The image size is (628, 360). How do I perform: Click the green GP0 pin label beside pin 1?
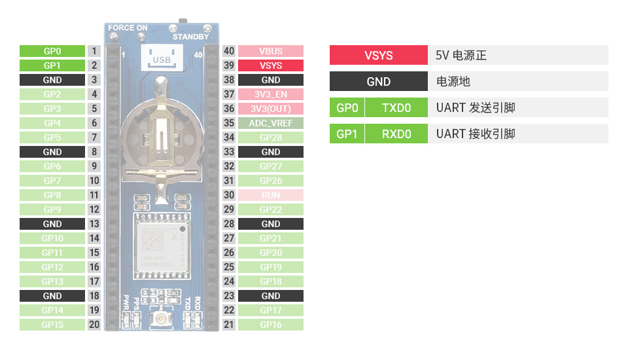pyautogui.click(x=52, y=51)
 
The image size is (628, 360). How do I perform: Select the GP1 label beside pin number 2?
pyautogui.click(x=52, y=65)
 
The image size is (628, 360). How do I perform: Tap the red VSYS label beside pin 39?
pyautogui.click(x=271, y=65)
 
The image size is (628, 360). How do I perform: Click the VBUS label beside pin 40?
pyautogui.click(x=271, y=51)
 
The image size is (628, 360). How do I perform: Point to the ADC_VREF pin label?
pyautogui.click(x=271, y=123)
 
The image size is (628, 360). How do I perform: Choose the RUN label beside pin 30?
pyautogui.click(x=271, y=195)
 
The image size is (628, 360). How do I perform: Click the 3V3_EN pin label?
pyautogui.click(x=271, y=94)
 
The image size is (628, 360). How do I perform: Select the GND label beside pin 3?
pyautogui.click(x=52, y=80)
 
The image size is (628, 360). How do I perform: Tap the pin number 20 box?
pyautogui.click(x=95, y=325)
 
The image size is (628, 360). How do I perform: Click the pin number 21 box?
pyautogui.click(x=229, y=325)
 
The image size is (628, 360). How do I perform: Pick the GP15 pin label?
pyautogui.click(x=52, y=325)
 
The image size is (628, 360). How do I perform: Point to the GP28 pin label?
pyautogui.click(x=271, y=137)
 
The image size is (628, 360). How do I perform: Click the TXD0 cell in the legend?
pyautogui.click(x=396, y=108)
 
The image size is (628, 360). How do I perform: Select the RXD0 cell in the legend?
pyautogui.click(x=396, y=134)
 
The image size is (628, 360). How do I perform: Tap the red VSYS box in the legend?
pyautogui.click(x=379, y=56)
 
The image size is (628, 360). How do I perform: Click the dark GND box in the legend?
pyautogui.click(x=379, y=82)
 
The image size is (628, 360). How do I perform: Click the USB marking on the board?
pyautogui.click(x=161, y=60)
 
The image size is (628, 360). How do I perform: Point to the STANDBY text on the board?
pyautogui.click(x=190, y=37)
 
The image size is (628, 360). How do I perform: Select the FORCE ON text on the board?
pyautogui.click(x=128, y=28)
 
